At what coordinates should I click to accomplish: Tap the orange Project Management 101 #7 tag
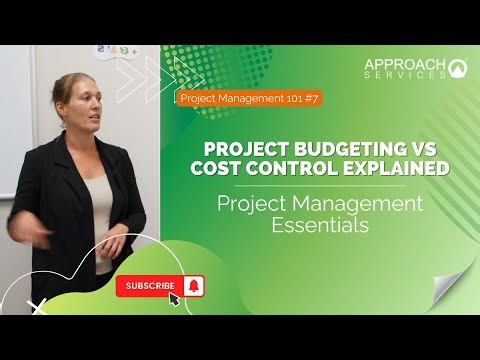pos(249,98)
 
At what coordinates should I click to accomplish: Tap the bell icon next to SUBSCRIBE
pos(194,287)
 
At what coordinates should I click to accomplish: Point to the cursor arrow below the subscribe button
pos(174,299)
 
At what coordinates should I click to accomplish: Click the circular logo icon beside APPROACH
pos(459,68)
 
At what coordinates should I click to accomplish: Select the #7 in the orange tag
pos(307,98)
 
